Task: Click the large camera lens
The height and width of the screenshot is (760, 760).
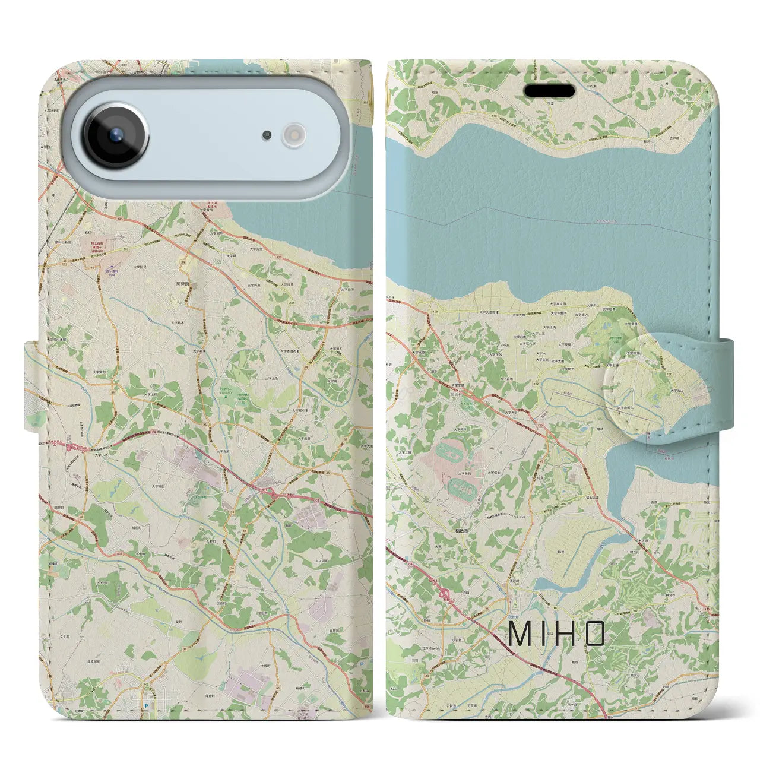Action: point(115,135)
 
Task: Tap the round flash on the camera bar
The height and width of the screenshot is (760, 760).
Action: point(293,135)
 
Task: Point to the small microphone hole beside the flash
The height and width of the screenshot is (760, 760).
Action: point(267,135)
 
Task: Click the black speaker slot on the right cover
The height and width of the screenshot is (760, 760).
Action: point(549,91)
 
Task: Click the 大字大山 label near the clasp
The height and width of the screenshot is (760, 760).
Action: point(677,391)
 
